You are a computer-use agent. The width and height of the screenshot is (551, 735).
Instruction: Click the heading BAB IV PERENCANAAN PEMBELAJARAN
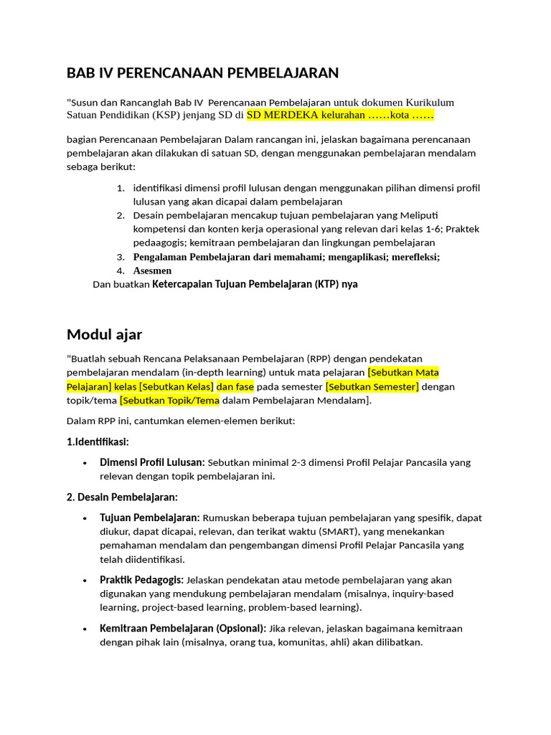click(202, 72)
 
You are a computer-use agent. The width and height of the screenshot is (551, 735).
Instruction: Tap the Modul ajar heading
click(104, 334)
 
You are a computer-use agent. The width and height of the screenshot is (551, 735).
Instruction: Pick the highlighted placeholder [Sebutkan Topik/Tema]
click(170, 400)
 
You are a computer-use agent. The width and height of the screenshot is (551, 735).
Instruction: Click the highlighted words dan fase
click(235, 386)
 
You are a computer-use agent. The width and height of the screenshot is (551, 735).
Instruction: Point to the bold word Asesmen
click(152, 271)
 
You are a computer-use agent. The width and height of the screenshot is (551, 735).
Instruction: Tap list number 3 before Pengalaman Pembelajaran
click(121, 257)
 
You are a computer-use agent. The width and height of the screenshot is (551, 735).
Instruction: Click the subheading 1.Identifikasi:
click(98, 441)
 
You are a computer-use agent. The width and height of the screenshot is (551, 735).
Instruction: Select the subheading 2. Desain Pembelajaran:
click(122, 497)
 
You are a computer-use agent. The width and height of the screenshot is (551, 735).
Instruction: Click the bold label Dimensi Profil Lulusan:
click(152, 462)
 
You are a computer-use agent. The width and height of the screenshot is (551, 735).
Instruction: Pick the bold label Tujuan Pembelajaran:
click(150, 518)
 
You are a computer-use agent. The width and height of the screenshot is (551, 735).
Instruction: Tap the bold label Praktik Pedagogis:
click(142, 579)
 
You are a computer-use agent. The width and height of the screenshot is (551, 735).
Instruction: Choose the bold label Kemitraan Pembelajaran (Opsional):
click(183, 628)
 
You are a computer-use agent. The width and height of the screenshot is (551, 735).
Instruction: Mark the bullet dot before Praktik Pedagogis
click(85, 580)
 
